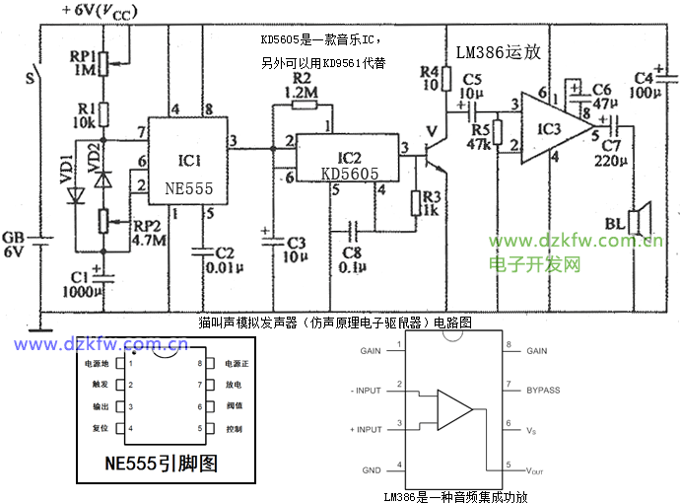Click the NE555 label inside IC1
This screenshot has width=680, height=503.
click(x=189, y=185)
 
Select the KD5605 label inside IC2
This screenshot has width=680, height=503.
click(x=350, y=174)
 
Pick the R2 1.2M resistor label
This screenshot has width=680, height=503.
click(x=304, y=85)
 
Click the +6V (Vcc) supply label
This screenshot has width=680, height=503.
click(x=100, y=11)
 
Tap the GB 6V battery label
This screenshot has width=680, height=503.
click(x=14, y=245)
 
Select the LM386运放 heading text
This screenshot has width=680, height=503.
click(x=499, y=51)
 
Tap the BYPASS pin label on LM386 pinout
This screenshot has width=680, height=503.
click(x=543, y=390)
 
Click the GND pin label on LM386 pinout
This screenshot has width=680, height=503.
click(x=371, y=469)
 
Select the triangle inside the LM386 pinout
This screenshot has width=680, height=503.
click(x=452, y=407)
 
